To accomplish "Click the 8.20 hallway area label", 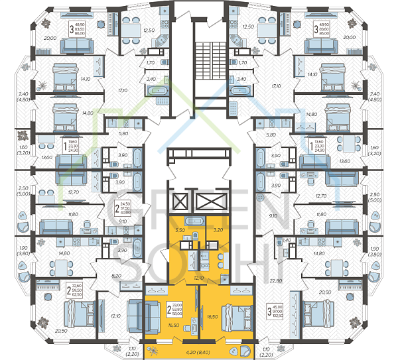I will click(x=117, y=274).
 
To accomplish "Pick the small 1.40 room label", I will click(x=287, y=240).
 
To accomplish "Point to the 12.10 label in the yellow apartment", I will click(x=198, y=278).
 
